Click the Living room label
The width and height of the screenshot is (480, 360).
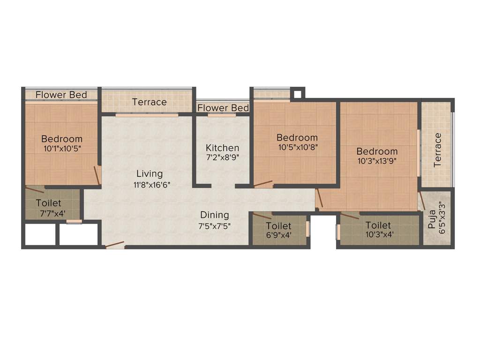[x=150, y=174]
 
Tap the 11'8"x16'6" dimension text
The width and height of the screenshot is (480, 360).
[x=151, y=185]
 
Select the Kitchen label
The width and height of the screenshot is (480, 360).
[x=222, y=148]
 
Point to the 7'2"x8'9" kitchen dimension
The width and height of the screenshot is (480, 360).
[x=223, y=158]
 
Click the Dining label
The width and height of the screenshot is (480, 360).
[x=215, y=215]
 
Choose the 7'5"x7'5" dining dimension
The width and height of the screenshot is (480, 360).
[x=215, y=225]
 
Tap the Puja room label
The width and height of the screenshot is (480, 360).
[x=431, y=220]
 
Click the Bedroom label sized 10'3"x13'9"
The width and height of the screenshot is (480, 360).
[x=377, y=151]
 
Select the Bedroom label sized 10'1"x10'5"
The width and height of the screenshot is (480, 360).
[x=62, y=139]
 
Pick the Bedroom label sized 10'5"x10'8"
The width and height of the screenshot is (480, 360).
[x=297, y=137]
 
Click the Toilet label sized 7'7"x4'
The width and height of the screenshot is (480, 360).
[x=49, y=203]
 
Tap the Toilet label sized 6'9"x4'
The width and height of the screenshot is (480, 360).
[x=278, y=226]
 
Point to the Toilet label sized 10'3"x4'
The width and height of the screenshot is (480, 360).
[x=378, y=225]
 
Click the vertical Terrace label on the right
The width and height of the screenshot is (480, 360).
[x=438, y=150]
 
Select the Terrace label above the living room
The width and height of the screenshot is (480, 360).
[x=149, y=102]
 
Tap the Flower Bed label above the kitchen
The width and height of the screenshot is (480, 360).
[x=223, y=108]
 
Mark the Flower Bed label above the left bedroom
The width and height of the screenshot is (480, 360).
[x=61, y=95]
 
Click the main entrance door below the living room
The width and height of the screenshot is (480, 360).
[x=115, y=245]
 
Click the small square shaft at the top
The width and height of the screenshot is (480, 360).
[x=297, y=93]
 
